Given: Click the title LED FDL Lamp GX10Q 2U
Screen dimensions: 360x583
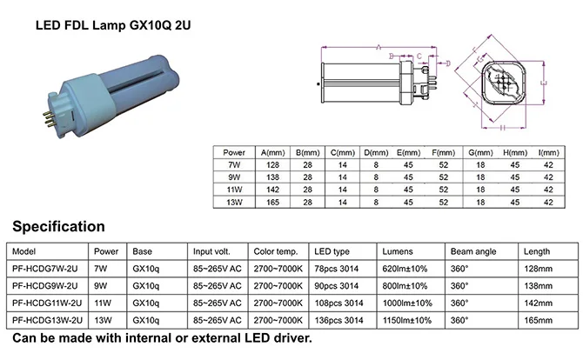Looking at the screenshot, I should pos(112,25).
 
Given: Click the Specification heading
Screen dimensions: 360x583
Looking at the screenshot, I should pos(58,227).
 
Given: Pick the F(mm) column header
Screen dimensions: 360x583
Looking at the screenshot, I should pos(443,151).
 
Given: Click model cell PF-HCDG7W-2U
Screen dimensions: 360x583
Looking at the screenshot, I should pos(49,267).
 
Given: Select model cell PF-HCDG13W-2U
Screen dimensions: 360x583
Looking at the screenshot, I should pos(50,319).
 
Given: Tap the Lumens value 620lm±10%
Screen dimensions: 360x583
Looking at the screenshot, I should pos(405,267).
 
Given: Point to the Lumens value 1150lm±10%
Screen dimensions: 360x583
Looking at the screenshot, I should pos(408,319).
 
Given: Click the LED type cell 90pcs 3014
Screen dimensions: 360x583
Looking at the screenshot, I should pos(337,284).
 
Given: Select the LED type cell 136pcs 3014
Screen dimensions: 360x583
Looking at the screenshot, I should pos(339,319).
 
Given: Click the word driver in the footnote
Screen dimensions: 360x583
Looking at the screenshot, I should pos(289,337).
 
